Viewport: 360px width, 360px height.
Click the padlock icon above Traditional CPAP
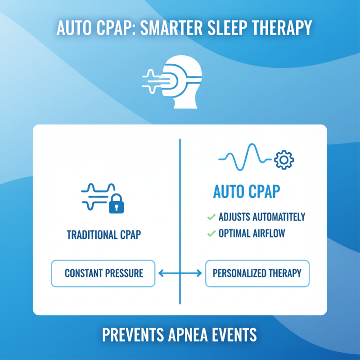click(x=117, y=205)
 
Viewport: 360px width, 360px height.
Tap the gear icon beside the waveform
click(x=283, y=160)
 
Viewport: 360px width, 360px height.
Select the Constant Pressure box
click(x=103, y=273)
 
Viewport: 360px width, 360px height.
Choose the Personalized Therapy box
click(x=257, y=273)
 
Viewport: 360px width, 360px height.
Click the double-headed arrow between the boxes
click(x=180, y=273)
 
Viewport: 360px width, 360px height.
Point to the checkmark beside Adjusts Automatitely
click(x=211, y=217)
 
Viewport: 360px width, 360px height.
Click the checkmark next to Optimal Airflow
click(x=211, y=233)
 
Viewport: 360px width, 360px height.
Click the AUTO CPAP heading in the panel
click(x=246, y=192)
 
